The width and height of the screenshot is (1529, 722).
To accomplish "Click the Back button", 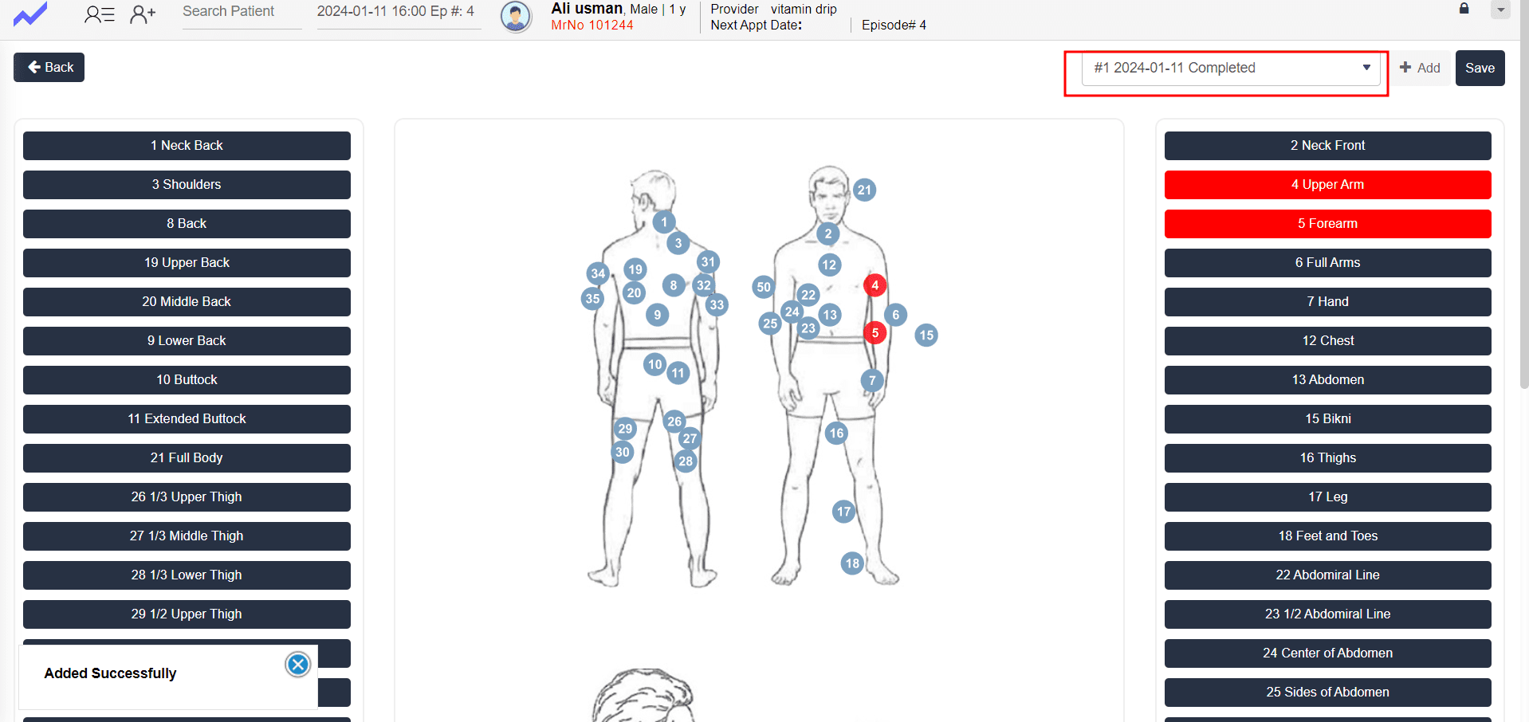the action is pyautogui.click(x=49, y=67).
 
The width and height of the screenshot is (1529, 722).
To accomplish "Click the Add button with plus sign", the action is pyautogui.click(x=1420, y=68).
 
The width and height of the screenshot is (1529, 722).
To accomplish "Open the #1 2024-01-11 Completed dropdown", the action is pyautogui.click(x=1230, y=69).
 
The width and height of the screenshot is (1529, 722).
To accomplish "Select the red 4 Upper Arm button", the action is pyautogui.click(x=1327, y=184).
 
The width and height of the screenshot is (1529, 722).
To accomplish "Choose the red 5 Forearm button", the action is pyautogui.click(x=1327, y=223).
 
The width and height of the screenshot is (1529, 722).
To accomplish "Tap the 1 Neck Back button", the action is pyautogui.click(x=187, y=145).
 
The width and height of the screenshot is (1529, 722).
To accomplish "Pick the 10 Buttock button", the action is pyautogui.click(x=187, y=379).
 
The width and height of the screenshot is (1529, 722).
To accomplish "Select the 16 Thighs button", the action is pyautogui.click(x=1327, y=457).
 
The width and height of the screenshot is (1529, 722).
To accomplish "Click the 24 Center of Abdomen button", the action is pyautogui.click(x=1327, y=653).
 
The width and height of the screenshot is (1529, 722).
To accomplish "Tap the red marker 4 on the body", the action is pyautogui.click(x=875, y=284).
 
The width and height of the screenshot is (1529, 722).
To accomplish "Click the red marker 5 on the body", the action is pyautogui.click(x=875, y=332).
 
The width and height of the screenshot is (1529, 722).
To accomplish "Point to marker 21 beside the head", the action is pyautogui.click(x=864, y=190).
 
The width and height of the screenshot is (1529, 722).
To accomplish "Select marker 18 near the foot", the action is pyautogui.click(x=852, y=563).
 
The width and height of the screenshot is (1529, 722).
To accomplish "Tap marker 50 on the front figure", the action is pyautogui.click(x=764, y=287).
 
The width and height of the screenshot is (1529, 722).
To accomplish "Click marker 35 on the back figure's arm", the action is pyautogui.click(x=592, y=299).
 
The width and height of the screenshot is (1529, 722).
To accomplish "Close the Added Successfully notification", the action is pyautogui.click(x=297, y=665).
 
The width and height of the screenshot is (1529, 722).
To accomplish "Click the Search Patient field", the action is pyautogui.click(x=242, y=12).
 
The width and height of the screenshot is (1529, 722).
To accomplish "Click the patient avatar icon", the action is pyautogui.click(x=516, y=16).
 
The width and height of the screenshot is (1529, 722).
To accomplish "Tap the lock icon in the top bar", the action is pyautogui.click(x=1464, y=8).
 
